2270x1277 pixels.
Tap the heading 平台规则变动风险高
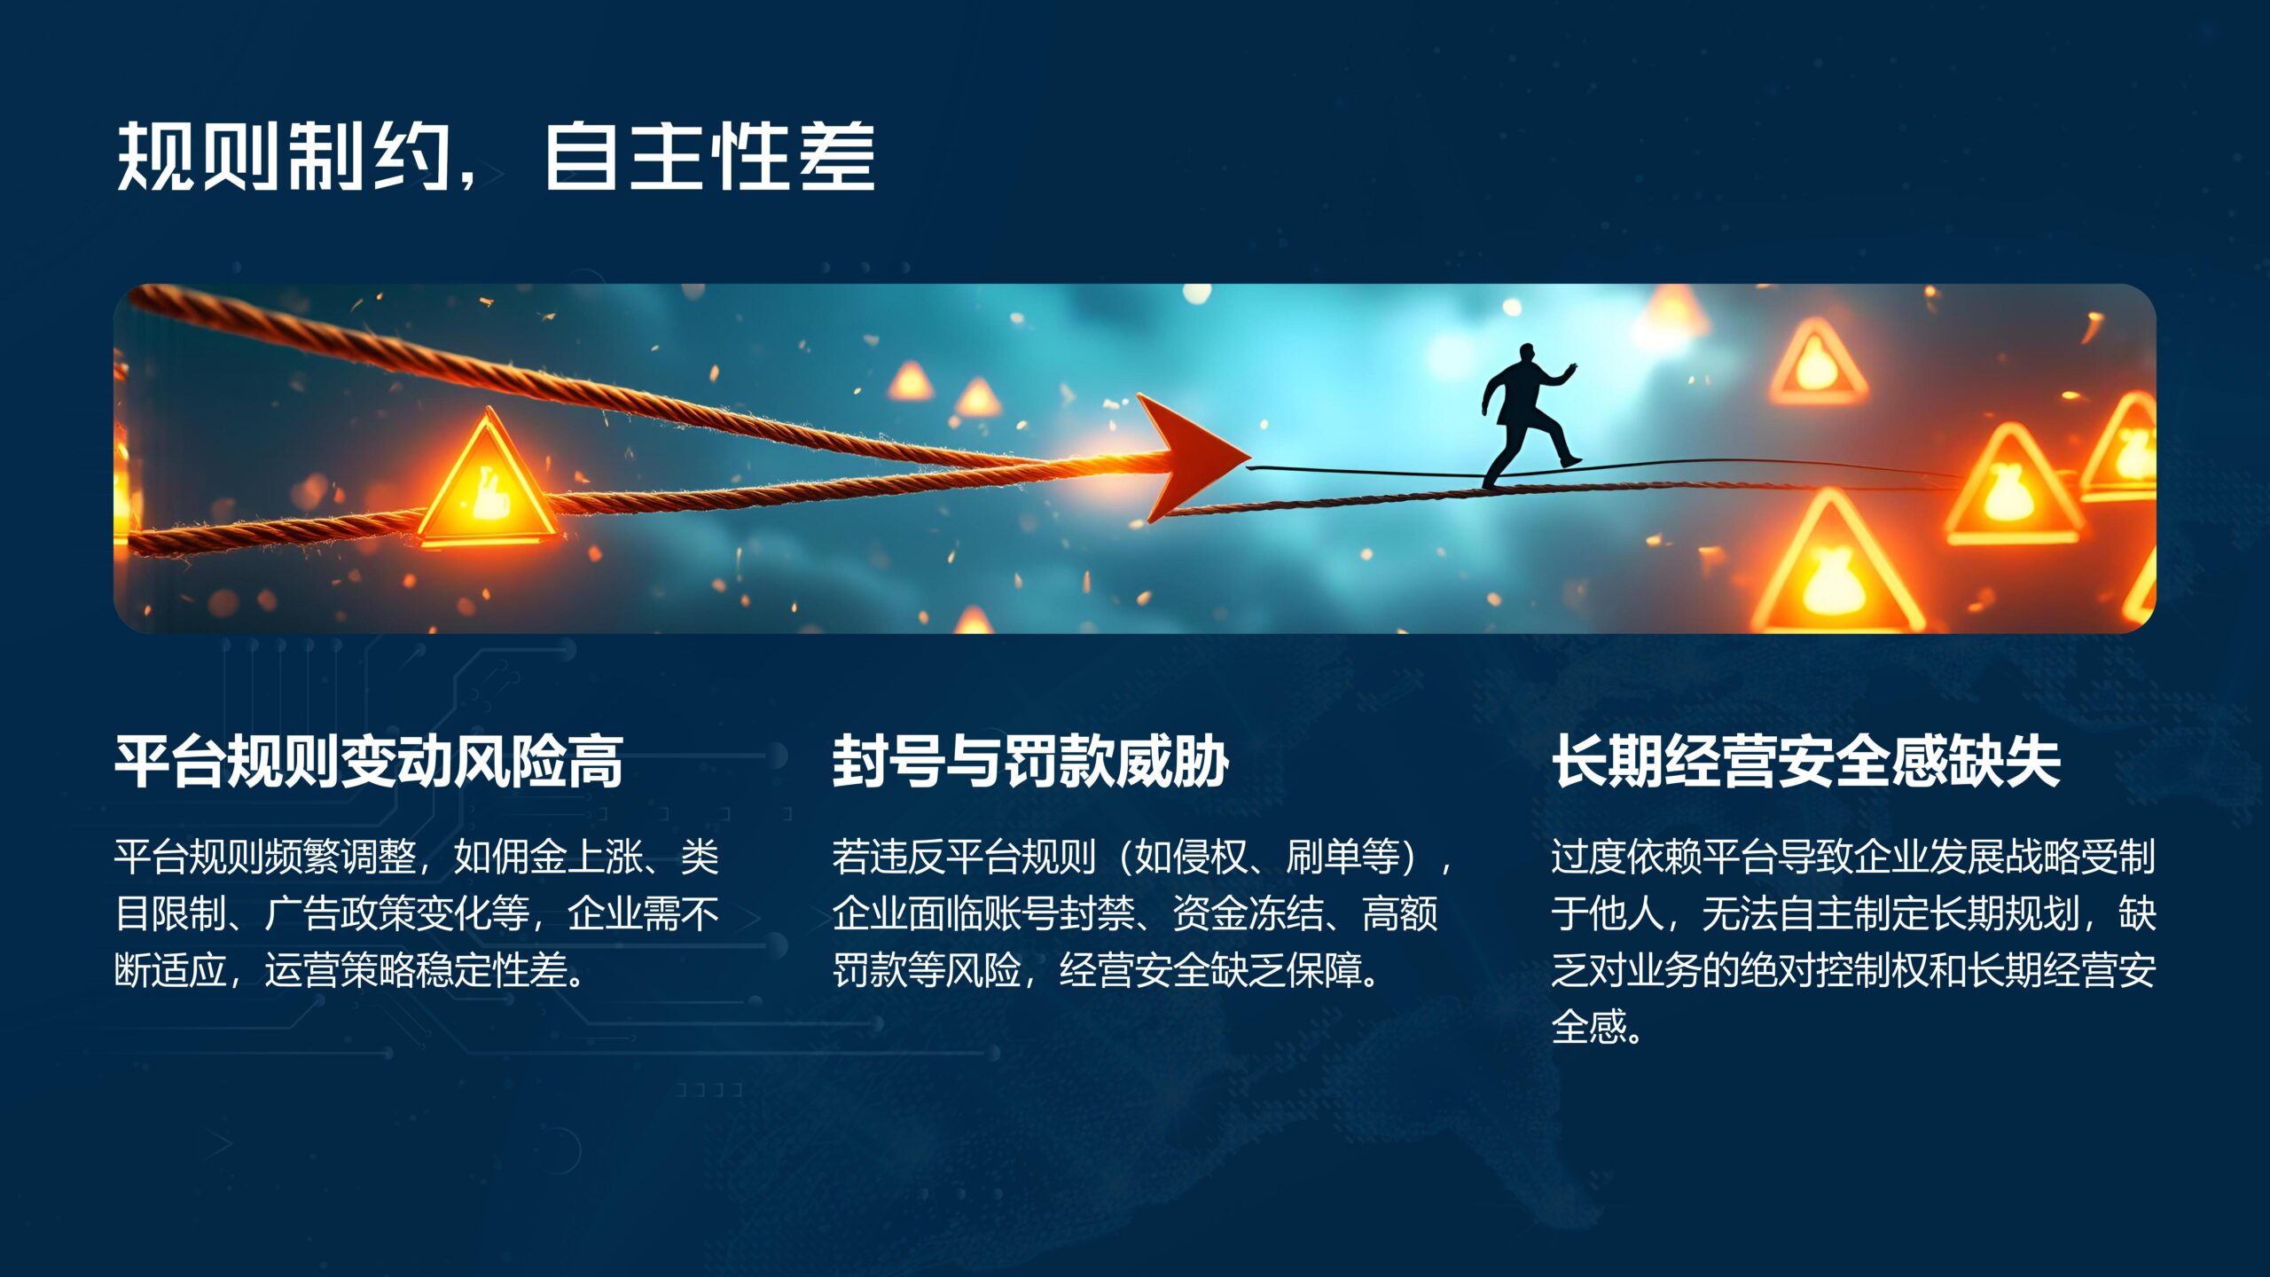point(369,762)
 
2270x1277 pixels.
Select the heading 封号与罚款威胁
point(1030,762)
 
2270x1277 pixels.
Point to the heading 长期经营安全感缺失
point(1805,762)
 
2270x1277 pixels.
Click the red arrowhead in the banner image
point(1193,456)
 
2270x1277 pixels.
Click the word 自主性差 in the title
point(709,157)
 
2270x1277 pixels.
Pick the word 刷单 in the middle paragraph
point(1324,857)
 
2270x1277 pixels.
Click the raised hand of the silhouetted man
point(1570,367)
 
